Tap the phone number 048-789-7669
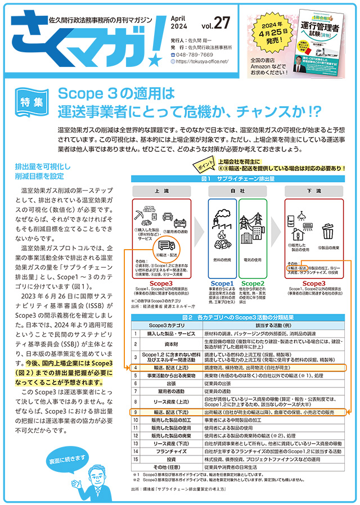tap(194, 55)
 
